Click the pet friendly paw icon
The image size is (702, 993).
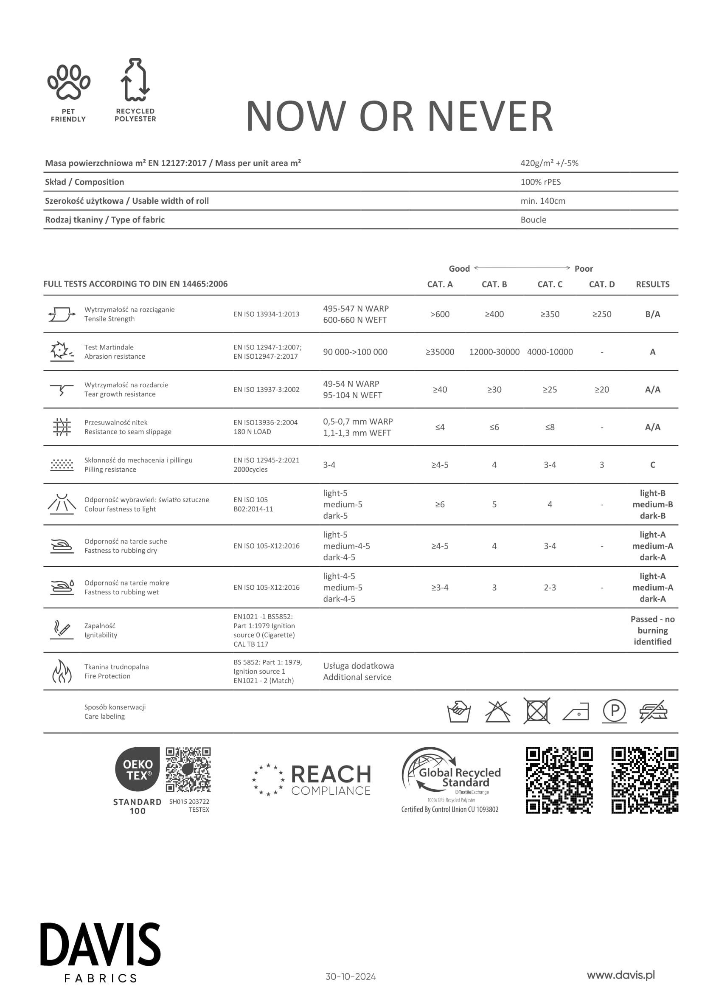(x=69, y=82)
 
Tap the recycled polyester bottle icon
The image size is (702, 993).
(x=135, y=80)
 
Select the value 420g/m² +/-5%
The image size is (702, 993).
(x=549, y=163)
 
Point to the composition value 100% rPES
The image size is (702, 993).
(x=540, y=182)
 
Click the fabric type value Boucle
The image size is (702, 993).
(x=533, y=220)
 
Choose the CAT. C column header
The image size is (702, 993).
(x=549, y=284)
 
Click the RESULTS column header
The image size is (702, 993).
(x=652, y=284)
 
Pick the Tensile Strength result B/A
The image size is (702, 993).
(x=652, y=315)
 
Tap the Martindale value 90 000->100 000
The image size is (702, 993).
(x=355, y=352)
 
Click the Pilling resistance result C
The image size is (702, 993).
(x=652, y=465)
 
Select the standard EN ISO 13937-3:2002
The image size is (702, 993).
(x=266, y=390)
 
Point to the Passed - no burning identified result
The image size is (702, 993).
(x=652, y=630)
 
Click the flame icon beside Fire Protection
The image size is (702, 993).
(x=62, y=671)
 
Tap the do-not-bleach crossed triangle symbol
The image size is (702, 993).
(x=497, y=712)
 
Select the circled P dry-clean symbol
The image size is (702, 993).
(x=614, y=711)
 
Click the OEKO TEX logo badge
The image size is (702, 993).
(x=138, y=769)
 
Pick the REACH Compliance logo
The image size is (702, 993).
(x=312, y=780)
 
